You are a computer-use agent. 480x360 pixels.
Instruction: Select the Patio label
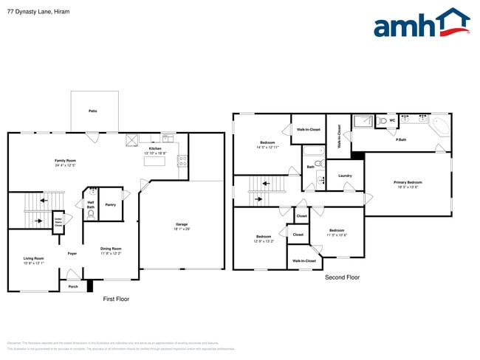[93, 111]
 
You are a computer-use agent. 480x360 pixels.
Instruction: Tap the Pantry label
[110, 204]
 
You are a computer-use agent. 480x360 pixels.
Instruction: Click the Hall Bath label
[91, 204]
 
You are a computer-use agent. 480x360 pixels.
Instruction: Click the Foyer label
[72, 253]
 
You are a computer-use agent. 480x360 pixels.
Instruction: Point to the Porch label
[73, 287]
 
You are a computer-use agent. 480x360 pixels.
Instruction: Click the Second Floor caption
[342, 277]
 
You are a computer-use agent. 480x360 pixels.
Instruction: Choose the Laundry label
[345, 176]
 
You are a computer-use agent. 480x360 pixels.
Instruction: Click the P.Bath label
[401, 139]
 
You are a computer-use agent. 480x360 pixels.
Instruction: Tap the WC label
[392, 120]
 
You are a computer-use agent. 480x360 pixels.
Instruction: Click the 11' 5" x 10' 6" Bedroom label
[337, 232]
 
